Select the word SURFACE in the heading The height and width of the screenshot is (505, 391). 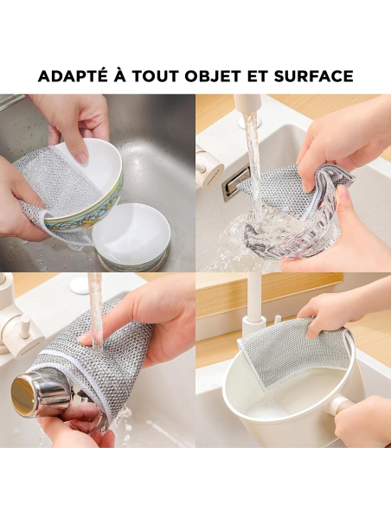tap(311, 76)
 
